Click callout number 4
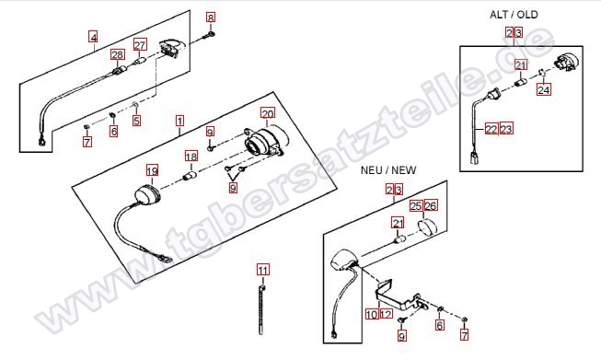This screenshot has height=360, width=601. point(93,37)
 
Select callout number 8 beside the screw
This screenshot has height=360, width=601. point(211,17)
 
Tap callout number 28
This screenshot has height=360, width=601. point(118,54)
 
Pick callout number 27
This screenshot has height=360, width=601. point(140,45)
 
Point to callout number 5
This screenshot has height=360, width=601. point(137,121)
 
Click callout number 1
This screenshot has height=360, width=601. point(179,122)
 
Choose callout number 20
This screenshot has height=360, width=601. point(268,113)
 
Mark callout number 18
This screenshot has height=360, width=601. point(191,156)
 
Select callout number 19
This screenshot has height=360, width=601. point(152,170)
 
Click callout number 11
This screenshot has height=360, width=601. point(263,271)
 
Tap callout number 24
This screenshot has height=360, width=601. point(544,89)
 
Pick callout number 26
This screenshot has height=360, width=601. point(431,206)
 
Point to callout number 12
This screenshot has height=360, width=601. point(387,314)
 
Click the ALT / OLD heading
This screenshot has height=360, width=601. point(514,15)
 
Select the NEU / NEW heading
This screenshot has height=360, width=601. point(388,169)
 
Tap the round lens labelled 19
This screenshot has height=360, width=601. point(147,196)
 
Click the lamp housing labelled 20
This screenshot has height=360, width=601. point(265,142)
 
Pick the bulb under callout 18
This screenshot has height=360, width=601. point(191,177)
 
